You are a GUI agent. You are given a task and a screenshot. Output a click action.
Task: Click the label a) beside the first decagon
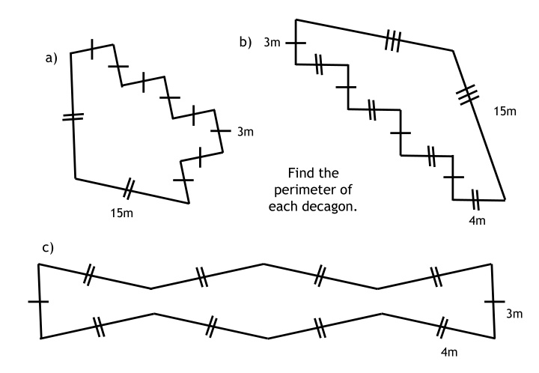tap(51, 58)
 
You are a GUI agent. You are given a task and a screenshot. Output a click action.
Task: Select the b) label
tap(246, 42)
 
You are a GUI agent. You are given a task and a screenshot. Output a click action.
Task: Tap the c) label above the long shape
tap(48, 247)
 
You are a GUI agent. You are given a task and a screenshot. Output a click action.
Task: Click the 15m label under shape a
tap(122, 213)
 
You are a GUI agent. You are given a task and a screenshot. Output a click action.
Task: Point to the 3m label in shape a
tap(246, 131)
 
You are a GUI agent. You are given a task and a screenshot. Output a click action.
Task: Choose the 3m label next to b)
tap(272, 42)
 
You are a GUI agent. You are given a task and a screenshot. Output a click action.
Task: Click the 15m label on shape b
tap(505, 112)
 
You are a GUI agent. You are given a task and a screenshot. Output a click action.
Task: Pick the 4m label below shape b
tap(477, 220)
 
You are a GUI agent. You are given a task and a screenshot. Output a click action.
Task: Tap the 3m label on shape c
tap(514, 314)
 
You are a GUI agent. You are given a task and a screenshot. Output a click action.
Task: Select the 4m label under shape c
tap(449, 352)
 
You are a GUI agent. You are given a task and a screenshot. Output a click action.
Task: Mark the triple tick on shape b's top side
tap(393, 40)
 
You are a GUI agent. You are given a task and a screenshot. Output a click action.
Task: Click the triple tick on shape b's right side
tap(467, 94)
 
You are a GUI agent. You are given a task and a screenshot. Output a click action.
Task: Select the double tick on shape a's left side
tap(73, 117)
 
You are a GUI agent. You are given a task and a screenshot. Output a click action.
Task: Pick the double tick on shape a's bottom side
tap(127, 189)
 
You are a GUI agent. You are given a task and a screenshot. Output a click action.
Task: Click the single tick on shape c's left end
tap(38, 302)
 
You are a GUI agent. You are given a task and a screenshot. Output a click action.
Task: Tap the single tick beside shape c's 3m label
tap(494, 302)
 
